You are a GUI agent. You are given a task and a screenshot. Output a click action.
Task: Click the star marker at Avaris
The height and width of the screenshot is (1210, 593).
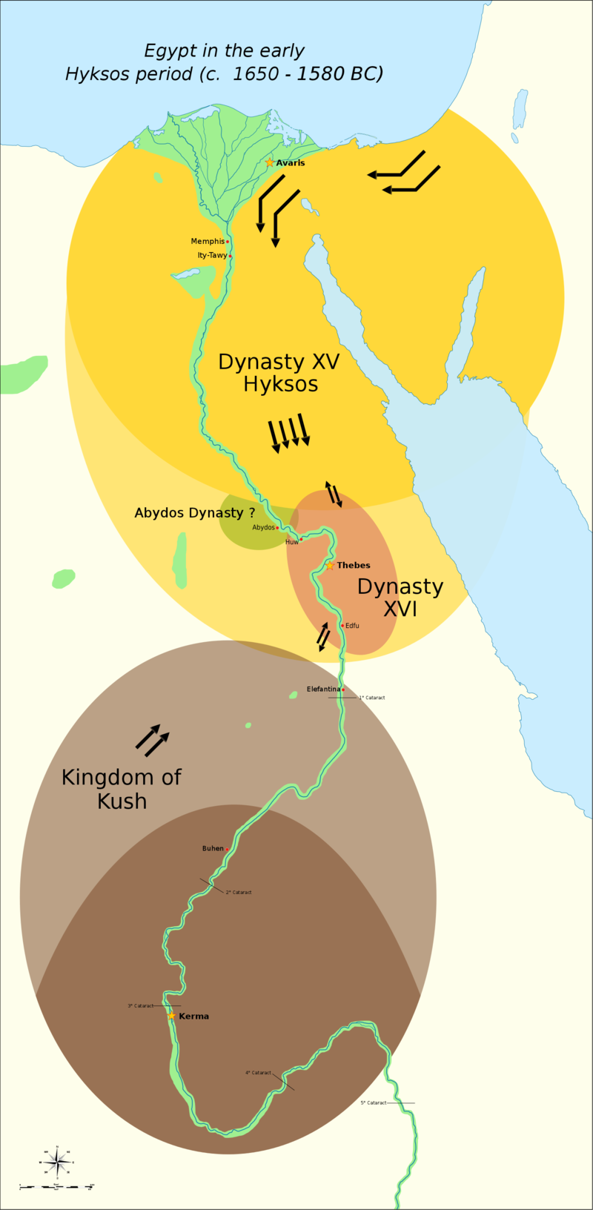(x=270, y=162)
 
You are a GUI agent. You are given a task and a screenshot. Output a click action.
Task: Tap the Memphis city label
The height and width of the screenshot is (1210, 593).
(x=208, y=242)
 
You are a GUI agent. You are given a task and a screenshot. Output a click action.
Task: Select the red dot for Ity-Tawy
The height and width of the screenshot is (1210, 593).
(x=231, y=257)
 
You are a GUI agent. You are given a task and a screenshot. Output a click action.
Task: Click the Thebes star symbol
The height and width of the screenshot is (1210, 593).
(x=330, y=565)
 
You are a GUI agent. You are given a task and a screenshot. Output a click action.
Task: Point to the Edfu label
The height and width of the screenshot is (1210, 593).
(x=353, y=626)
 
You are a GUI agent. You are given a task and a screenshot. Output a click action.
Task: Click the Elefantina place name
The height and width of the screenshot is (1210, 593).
(x=323, y=690)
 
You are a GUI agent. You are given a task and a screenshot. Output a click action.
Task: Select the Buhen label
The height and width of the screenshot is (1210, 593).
(x=213, y=848)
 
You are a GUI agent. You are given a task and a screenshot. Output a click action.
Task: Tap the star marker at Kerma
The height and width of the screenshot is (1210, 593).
(x=172, y=1016)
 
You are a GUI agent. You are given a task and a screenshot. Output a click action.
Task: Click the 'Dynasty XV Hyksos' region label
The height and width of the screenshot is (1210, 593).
(x=279, y=373)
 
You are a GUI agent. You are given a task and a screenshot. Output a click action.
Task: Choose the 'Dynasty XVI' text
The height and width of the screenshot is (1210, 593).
(x=400, y=598)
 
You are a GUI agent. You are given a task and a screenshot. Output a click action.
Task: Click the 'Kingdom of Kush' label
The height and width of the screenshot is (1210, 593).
(x=122, y=789)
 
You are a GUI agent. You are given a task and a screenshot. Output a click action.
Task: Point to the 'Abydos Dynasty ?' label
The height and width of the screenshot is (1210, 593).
(x=194, y=513)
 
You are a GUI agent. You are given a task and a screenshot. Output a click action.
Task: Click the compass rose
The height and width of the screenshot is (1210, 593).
(x=57, y=1163)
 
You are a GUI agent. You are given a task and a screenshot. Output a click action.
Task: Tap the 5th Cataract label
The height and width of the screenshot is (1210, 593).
(x=374, y=1103)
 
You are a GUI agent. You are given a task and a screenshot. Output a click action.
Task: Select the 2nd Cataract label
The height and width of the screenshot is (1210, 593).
(x=239, y=893)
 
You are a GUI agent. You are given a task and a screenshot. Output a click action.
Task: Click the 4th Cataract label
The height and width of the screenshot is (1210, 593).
(x=258, y=1073)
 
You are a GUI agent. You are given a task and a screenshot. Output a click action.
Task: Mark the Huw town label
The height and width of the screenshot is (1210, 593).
(x=292, y=542)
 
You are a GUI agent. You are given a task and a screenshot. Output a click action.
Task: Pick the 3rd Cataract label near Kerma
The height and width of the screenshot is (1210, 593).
(x=140, y=1006)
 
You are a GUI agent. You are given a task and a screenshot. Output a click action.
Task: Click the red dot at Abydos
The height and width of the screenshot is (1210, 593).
(x=277, y=528)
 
